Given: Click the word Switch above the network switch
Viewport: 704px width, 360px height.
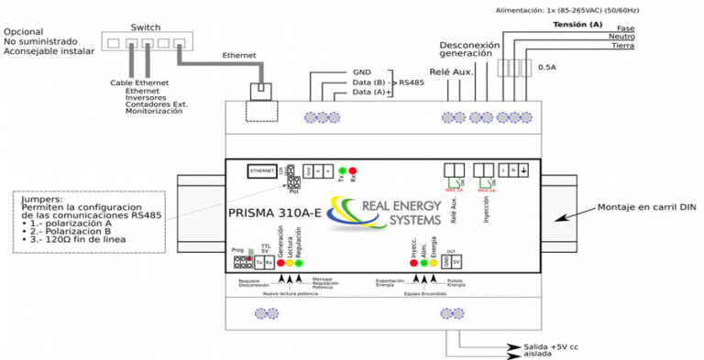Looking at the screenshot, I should [146, 27].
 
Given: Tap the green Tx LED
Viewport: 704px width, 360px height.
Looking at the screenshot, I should [343, 170].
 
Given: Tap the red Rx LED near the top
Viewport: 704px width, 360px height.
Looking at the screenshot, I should [353, 170].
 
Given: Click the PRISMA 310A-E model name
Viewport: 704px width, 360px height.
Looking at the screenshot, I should [274, 214].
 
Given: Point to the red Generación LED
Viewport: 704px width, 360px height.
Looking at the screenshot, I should [280, 262].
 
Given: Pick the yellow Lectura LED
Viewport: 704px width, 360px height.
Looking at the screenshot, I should [290, 262].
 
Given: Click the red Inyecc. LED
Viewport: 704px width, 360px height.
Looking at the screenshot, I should [414, 262].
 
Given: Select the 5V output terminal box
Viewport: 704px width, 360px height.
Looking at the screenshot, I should [456, 262].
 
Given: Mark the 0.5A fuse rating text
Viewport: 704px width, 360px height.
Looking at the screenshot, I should [547, 67].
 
